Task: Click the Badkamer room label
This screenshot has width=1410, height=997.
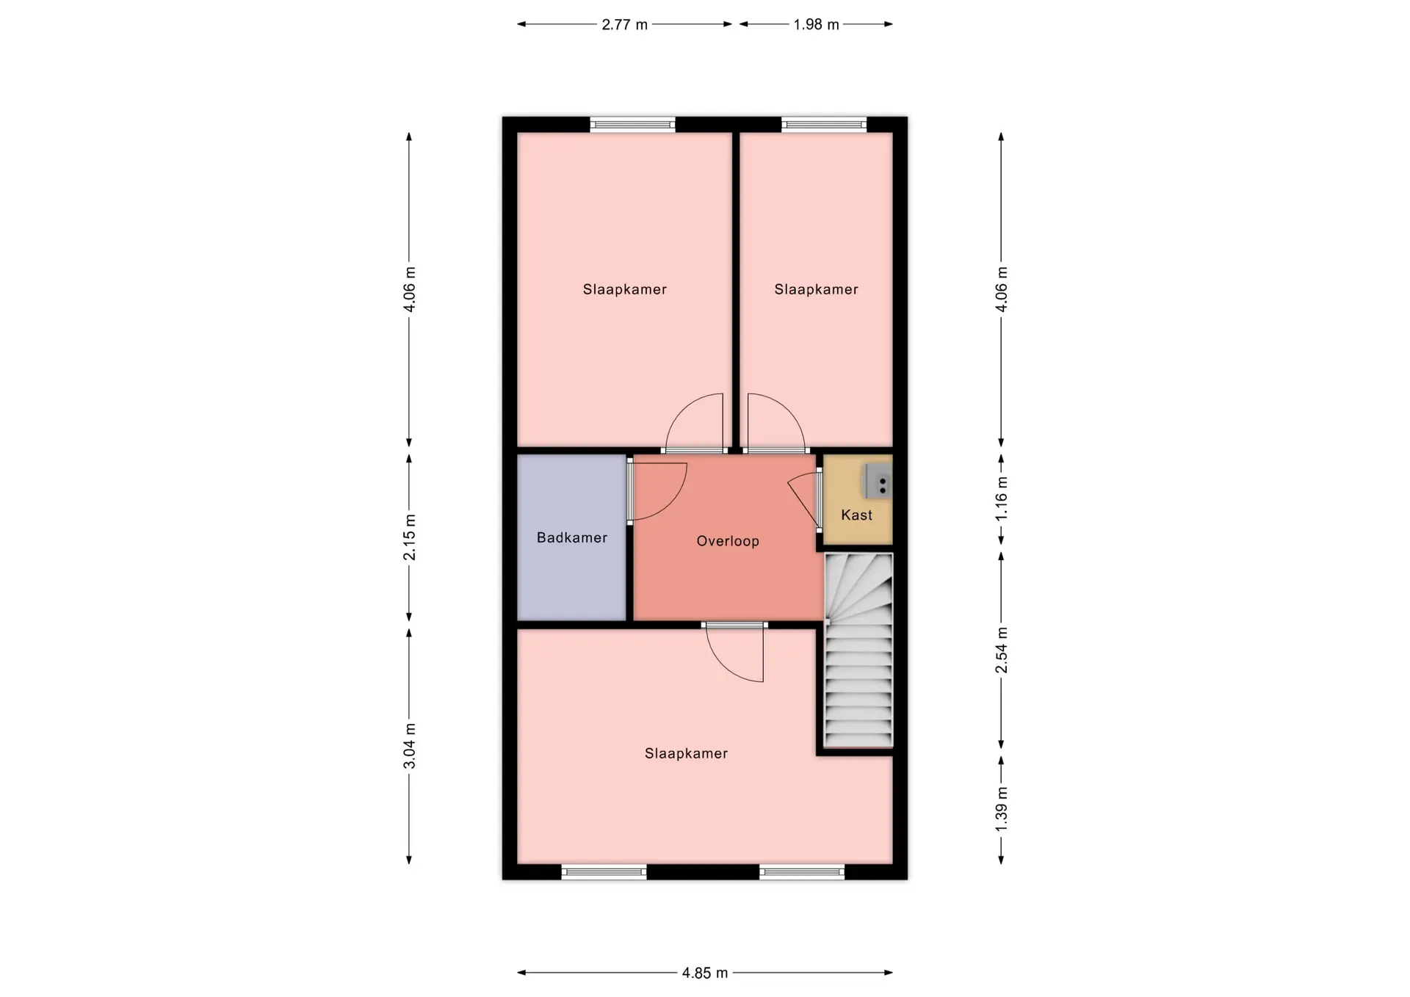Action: coord(572,537)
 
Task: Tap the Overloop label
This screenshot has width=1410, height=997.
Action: coord(728,541)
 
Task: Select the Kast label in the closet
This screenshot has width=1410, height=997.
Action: coord(857,515)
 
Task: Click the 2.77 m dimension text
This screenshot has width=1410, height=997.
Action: coord(625,24)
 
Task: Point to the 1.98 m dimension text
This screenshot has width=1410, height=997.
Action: coord(816,24)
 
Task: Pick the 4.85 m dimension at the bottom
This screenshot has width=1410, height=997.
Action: coord(705,973)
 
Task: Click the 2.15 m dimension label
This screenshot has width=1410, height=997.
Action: coord(409,537)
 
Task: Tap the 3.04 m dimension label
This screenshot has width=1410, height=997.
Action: coord(409,746)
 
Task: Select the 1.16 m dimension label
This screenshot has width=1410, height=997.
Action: coord(1001,499)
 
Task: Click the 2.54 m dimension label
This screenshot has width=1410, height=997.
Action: coord(1001,650)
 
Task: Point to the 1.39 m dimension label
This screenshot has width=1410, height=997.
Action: coord(1001,809)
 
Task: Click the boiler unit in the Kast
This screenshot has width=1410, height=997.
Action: coord(878,481)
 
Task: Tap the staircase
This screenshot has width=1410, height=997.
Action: coord(858,650)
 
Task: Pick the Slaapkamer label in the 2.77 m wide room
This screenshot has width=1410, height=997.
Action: coord(625,289)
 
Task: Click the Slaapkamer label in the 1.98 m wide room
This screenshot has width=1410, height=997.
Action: coord(817,289)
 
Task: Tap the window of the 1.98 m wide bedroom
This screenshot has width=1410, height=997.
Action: coord(824,125)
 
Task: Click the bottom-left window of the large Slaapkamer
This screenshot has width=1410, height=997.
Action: coord(604,872)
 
